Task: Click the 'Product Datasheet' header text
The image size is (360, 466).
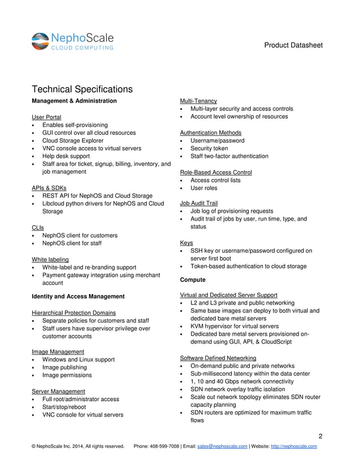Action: click(293, 45)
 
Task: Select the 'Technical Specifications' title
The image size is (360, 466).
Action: click(82, 89)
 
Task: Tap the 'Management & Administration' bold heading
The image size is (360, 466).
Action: click(74, 101)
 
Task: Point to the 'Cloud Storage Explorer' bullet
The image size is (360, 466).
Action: click(73, 140)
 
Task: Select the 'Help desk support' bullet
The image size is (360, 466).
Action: click(66, 156)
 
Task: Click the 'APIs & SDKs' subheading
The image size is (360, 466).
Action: click(49, 188)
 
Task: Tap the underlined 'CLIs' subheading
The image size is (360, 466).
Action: click(38, 227)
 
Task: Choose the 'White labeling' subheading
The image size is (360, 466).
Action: click(51, 259)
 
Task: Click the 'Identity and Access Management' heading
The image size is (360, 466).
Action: click(78, 296)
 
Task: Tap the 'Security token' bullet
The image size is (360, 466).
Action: click(209, 148)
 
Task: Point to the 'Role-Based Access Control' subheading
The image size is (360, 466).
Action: click(216, 172)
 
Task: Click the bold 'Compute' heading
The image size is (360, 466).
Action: click(192, 280)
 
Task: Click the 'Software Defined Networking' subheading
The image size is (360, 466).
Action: click(218, 358)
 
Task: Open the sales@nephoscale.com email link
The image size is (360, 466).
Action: click(222, 446)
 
